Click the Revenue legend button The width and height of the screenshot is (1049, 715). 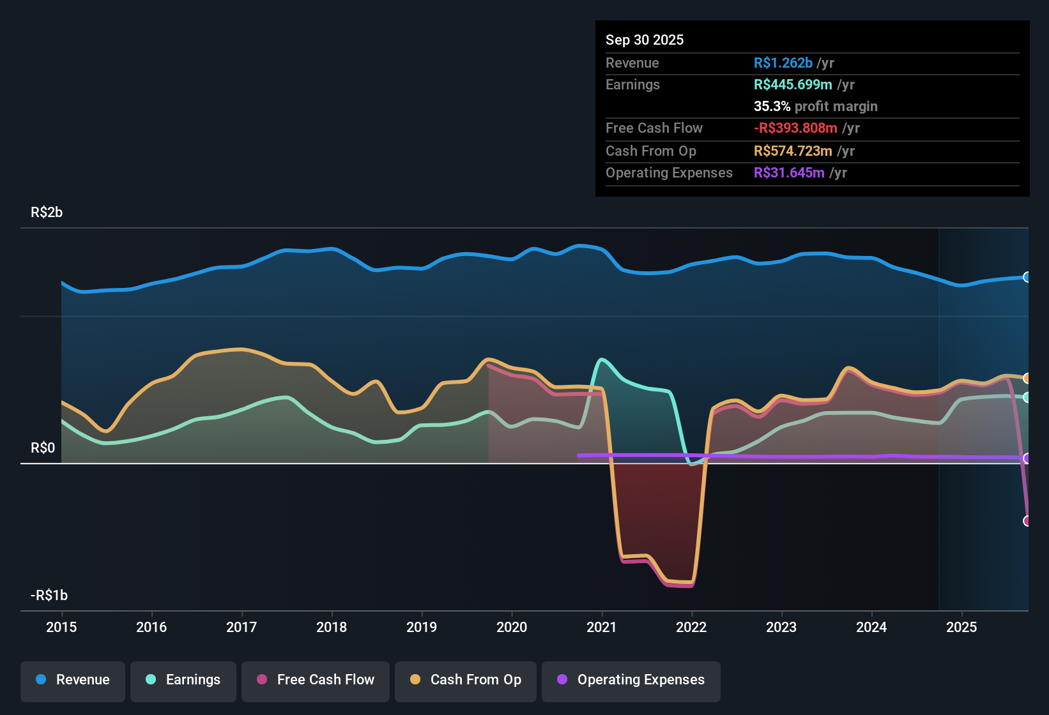(73, 680)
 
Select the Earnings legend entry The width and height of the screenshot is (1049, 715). (183, 680)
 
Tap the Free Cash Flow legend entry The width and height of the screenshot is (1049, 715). (316, 680)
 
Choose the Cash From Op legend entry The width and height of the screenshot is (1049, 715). (466, 680)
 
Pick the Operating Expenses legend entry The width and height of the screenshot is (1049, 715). (631, 680)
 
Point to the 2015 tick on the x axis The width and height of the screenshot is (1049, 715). (61, 627)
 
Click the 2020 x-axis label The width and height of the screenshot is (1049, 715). (512, 627)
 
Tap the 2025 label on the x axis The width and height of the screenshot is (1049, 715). (961, 627)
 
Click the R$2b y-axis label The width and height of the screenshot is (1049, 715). (47, 213)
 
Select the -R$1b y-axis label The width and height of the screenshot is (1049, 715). (49, 596)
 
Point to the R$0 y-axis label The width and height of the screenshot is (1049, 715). (43, 448)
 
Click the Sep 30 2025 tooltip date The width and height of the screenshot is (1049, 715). (645, 40)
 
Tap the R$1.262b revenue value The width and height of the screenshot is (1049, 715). (783, 63)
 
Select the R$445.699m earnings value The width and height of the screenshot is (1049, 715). (793, 84)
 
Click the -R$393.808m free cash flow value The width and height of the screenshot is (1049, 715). (795, 128)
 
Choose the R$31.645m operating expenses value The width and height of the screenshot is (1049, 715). (789, 172)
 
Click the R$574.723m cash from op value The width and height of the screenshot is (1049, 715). (793, 151)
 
